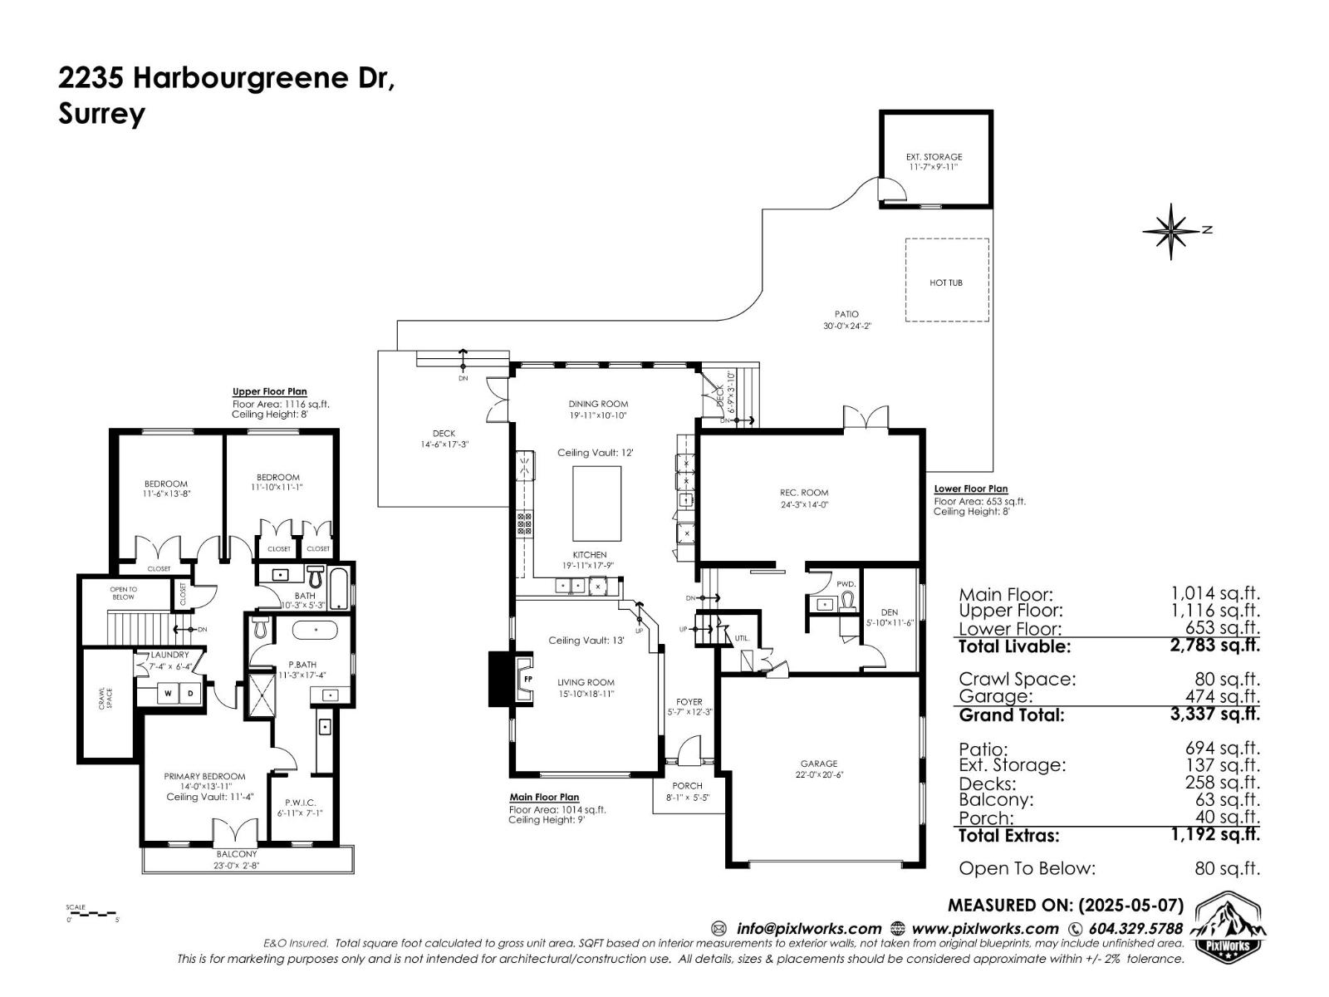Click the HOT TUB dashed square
[x=946, y=280]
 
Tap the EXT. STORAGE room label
[x=934, y=157]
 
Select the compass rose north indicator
[x=1170, y=230]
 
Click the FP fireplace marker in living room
[x=527, y=679]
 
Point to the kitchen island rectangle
[x=596, y=503]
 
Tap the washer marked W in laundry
[x=168, y=693]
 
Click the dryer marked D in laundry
[x=189, y=693]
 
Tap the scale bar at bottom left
[x=92, y=913]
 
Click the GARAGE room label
[x=819, y=763]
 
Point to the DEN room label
[x=890, y=612]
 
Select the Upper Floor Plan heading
[x=269, y=391]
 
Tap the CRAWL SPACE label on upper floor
[x=107, y=698]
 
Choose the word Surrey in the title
[x=101, y=114]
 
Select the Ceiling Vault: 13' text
[x=585, y=640]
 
